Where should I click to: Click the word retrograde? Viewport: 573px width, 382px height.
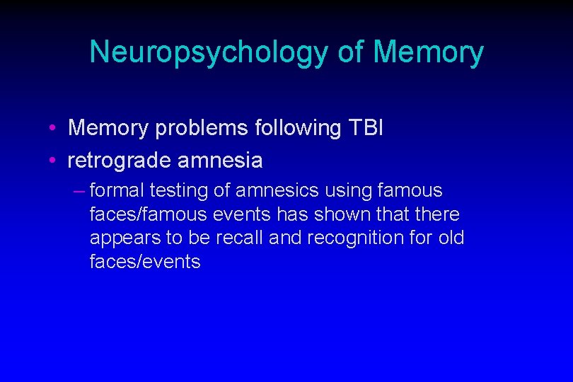(x=119, y=161)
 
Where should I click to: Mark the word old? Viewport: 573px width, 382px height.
(x=451, y=238)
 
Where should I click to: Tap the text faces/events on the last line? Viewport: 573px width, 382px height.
(x=145, y=262)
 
